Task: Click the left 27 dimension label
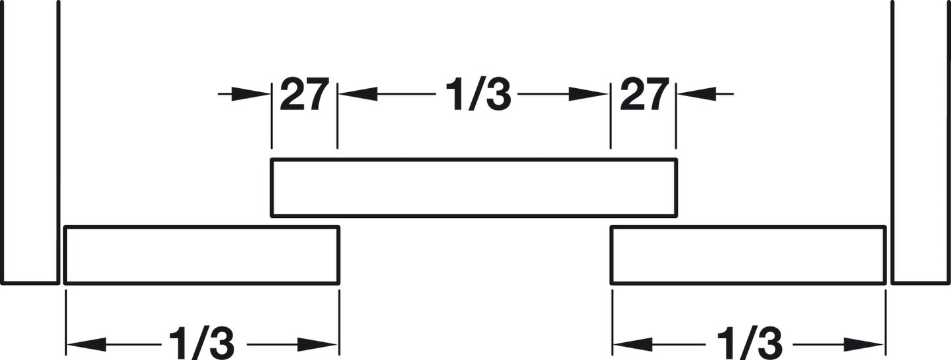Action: [305, 94]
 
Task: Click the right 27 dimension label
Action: [644, 94]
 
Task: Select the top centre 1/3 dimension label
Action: [478, 95]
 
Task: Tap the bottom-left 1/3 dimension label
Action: [201, 343]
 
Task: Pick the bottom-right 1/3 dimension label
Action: [750, 343]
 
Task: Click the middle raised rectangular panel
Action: [474, 188]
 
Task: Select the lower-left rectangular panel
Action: [201, 255]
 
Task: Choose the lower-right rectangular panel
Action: [748, 255]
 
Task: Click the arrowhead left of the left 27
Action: [251, 94]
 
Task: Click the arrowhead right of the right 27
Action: [697, 94]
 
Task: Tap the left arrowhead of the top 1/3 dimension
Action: [358, 94]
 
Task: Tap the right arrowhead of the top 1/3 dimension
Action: [588, 94]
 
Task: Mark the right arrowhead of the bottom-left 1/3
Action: [317, 344]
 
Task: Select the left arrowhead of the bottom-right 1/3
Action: [633, 344]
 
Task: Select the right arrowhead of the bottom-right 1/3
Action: [864, 344]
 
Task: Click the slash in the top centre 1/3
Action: [478, 95]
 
